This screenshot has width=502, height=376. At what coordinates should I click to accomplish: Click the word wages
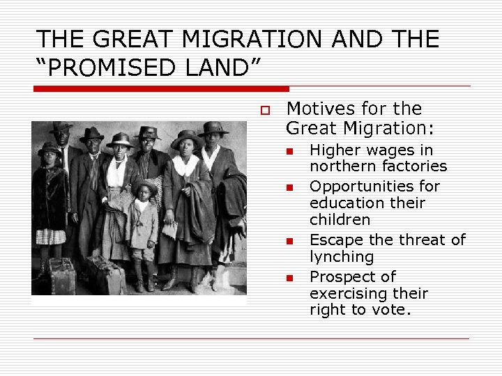click(393, 150)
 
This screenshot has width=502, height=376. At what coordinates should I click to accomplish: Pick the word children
click(340, 220)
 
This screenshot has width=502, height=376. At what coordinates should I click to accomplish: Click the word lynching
click(342, 257)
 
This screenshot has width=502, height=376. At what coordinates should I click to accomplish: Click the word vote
click(393, 310)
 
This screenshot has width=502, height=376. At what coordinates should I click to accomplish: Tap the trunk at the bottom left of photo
click(61, 276)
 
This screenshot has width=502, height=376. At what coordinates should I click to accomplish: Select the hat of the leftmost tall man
click(61, 127)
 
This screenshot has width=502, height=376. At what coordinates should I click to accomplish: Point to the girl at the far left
click(50, 202)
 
